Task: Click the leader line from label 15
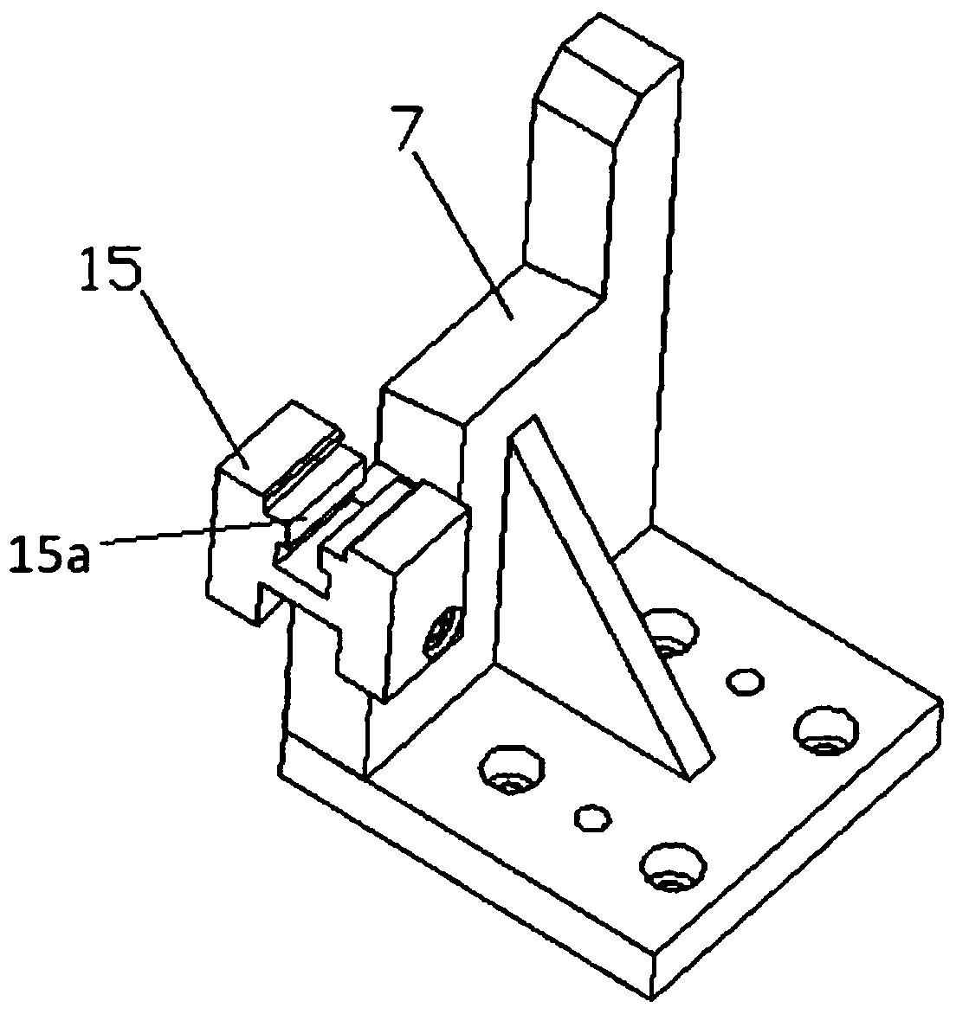[196, 379]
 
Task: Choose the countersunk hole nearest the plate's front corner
[673, 868]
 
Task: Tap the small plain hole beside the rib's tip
[745, 681]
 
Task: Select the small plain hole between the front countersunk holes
[592, 818]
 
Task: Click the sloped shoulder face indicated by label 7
[492, 343]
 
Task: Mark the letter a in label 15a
[77, 557]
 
